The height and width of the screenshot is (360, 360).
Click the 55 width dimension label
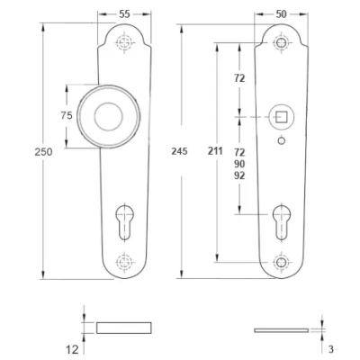click(x=124, y=14)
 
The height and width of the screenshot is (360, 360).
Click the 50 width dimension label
click(x=281, y=14)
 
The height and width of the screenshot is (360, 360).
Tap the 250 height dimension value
click(x=43, y=152)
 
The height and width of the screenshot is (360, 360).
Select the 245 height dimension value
click(x=179, y=151)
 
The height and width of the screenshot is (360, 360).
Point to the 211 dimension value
click(x=215, y=151)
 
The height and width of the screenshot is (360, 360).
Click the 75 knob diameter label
click(x=67, y=115)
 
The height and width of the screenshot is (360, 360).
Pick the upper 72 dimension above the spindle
click(x=239, y=78)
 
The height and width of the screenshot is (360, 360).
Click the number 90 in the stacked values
click(x=239, y=164)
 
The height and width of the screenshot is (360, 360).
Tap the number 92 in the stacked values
click(x=239, y=175)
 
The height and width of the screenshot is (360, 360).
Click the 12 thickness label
click(x=72, y=349)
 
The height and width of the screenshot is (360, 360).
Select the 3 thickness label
click(x=331, y=349)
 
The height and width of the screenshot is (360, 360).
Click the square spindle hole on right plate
click(x=282, y=117)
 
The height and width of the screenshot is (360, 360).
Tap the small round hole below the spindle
click(x=281, y=140)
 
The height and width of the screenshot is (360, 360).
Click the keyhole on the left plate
click(x=124, y=222)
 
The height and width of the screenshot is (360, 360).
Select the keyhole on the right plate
click(x=282, y=222)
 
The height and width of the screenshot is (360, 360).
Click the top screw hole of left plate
click(x=124, y=42)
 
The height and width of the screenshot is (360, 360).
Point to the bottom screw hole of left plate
click(x=124, y=262)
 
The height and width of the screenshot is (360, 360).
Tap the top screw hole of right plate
click(x=282, y=43)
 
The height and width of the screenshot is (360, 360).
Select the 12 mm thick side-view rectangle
click(x=124, y=328)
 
